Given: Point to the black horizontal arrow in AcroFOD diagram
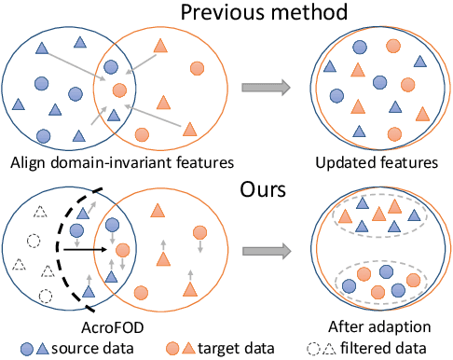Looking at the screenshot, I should (x=89, y=249).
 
